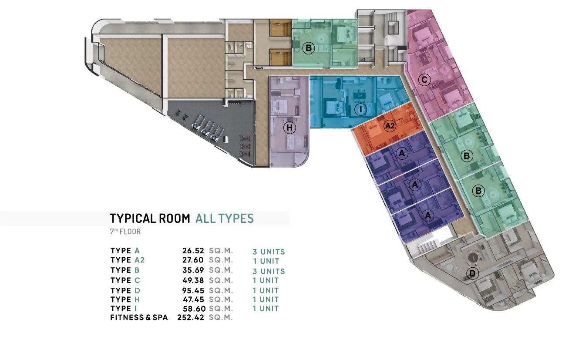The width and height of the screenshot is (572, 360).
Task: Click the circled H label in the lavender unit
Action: (x=289, y=128)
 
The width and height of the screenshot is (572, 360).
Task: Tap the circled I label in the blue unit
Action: (x=360, y=110)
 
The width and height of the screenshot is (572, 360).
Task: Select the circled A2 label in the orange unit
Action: (x=390, y=126)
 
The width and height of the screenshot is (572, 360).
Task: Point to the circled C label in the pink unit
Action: (x=424, y=80)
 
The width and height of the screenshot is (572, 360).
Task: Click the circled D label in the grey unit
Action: (x=472, y=273)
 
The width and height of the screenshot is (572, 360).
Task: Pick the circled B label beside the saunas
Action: (x=309, y=48)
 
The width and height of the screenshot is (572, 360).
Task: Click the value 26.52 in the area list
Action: (x=193, y=251)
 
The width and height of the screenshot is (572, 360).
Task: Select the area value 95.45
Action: (x=193, y=290)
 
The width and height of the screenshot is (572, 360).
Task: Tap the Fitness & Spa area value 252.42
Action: (x=191, y=318)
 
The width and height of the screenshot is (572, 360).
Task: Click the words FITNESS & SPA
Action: (x=139, y=318)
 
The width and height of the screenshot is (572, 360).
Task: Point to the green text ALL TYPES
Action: (x=225, y=219)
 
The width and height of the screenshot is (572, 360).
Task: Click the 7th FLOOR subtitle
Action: (x=125, y=232)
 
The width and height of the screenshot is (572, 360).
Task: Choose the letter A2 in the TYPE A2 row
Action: (x=139, y=260)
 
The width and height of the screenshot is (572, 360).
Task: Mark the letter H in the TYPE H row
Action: (x=137, y=299)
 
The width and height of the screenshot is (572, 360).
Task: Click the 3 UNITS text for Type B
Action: (x=269, y=271)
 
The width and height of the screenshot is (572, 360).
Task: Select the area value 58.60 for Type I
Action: (x=194, y=309)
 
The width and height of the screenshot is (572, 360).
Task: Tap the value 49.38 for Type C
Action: (x=193, y=280)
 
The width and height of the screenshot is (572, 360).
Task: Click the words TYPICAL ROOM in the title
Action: (x=150, y=219)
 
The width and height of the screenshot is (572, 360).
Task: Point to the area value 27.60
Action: (x=193, y=260)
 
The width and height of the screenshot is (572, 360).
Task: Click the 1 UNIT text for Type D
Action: (x=266, y=290)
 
